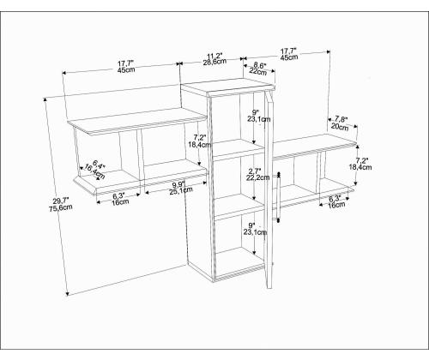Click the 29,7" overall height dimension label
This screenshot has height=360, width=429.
(61, 204)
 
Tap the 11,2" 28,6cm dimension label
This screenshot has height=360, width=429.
(214, 59)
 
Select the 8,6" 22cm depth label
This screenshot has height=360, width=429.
(258, 69)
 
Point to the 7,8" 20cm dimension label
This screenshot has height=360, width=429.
(341, 123)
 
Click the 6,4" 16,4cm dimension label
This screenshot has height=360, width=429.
(95, 170)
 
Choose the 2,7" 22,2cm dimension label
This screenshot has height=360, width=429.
(257, 174)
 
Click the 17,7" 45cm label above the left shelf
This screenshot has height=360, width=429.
(126, 66)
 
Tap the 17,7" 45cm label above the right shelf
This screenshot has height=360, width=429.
(288, 54)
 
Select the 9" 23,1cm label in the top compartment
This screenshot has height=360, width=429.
(258, 116)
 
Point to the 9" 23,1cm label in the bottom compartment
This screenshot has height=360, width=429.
(255, 229)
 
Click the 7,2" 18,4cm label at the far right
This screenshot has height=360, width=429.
(360, 164)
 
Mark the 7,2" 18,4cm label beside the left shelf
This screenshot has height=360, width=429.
(200, 141)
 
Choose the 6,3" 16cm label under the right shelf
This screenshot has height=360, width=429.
(336, 201)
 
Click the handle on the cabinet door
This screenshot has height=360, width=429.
(278, 197)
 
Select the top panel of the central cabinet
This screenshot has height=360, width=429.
(228, 85)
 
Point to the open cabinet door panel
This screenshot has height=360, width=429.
(269, 189)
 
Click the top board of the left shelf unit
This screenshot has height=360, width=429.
(137, 121)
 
